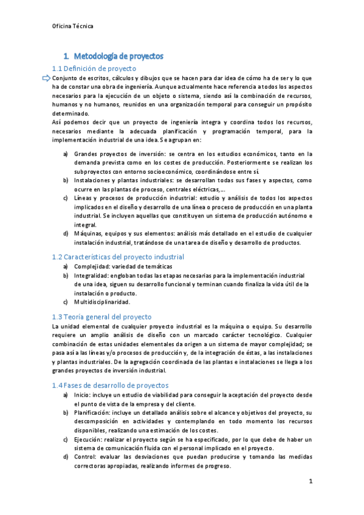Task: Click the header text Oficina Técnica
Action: click(73, 26)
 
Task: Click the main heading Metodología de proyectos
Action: click(116, 56)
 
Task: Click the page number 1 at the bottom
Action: click(311, 482)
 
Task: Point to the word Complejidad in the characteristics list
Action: click(91, 267)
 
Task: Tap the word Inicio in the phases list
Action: click(83, 395)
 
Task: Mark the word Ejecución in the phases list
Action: click(89, 439)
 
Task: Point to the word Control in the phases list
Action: click(86, 457)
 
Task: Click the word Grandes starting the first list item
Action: click(87, 154)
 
